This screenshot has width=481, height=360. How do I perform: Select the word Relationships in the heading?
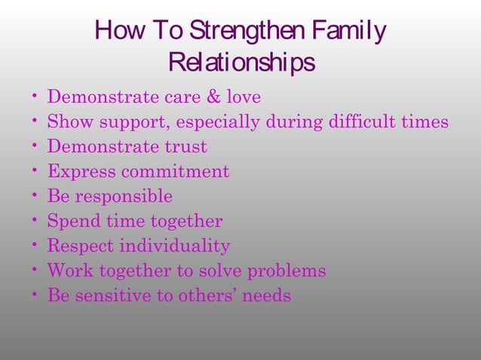241,63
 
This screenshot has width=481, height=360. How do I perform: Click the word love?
242,98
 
